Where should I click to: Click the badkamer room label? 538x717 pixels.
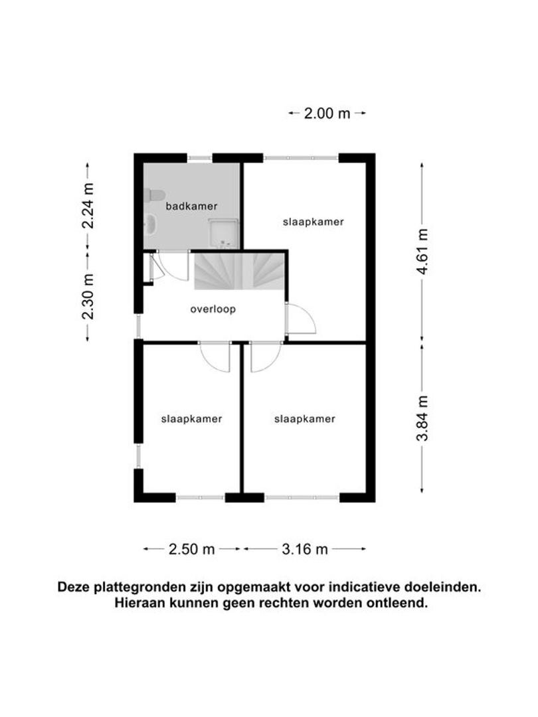click(x=191, y=206)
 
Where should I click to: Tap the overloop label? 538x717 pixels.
click(x=213, y=309)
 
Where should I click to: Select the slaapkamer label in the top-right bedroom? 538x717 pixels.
click(x=314, y=222)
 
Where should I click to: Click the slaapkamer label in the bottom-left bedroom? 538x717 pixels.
click(x=192, y=419)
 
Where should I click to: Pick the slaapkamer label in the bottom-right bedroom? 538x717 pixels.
click(x=305, y=419)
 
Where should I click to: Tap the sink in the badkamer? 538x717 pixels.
click(x=151, y=224)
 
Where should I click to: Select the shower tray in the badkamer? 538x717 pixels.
click(x=223, y=233)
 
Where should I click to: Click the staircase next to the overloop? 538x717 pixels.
click(x=239, y=271)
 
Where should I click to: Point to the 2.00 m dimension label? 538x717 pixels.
click(x=327, y=113)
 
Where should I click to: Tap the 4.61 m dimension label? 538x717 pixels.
click(x=422, y=252)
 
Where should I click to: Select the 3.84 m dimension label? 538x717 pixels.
click(x=422, y=418)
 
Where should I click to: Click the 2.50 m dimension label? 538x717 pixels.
click(x=192, y=549)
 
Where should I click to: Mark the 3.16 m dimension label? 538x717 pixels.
click(x=305, y=549)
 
